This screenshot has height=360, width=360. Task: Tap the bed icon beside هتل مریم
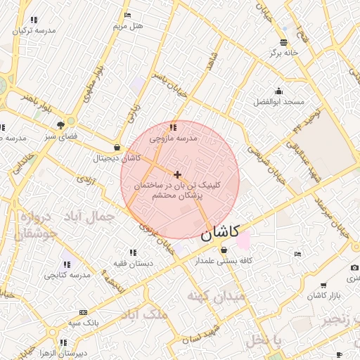tap(127, 15)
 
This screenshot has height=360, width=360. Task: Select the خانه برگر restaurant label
tap(283, 53)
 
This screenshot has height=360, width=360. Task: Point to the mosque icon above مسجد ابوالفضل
tap(279, 91)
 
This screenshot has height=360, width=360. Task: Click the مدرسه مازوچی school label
tap(173, 139)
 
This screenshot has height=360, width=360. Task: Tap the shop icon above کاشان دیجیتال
tap(116, 148)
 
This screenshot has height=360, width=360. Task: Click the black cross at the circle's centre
tap(177, 174)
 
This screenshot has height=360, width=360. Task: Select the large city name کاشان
tap(220, 231)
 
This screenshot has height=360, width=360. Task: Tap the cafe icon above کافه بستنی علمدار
tap(224, 249)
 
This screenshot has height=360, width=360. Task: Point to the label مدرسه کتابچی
tap(67, 275)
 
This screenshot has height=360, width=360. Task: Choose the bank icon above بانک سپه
tap(83, 312)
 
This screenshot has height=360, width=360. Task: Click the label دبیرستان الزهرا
tap(63, 353)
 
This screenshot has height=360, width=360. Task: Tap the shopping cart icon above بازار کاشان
tap(323, 285)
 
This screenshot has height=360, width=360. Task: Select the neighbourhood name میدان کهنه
tap(216, 297)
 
